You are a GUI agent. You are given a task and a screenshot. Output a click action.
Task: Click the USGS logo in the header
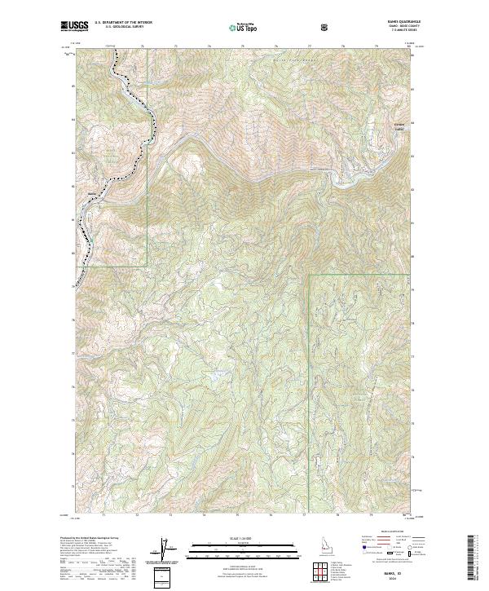[75, 28]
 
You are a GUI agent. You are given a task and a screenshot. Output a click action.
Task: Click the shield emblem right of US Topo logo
[326, 28]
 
